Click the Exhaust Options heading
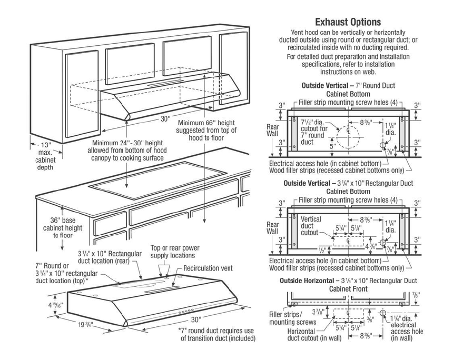[x=348, y=22]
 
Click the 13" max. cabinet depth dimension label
[x=46, y=156]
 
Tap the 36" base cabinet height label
[x=63, y=228]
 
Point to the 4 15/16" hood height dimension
[x=55, y=305]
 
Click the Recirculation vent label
[x=208, y=268]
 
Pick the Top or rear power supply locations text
[x=175, y=252]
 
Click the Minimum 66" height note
[x=206, y=131]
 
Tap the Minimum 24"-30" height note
[x=127, y=151]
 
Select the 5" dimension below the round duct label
[x=332, y=146]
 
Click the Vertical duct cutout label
[x=310, y=225]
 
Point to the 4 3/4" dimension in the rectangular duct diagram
[x=371, y=246]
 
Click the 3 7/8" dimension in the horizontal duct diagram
[x=319, y=312]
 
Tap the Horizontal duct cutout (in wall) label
[x=314, y=335]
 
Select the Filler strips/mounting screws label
[x=292, y=318]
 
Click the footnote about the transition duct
[x=216, y=334]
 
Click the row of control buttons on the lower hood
[x=186, y=312]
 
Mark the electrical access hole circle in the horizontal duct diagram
[x=383, y=313]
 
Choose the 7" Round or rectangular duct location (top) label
[x=66, y=273]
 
